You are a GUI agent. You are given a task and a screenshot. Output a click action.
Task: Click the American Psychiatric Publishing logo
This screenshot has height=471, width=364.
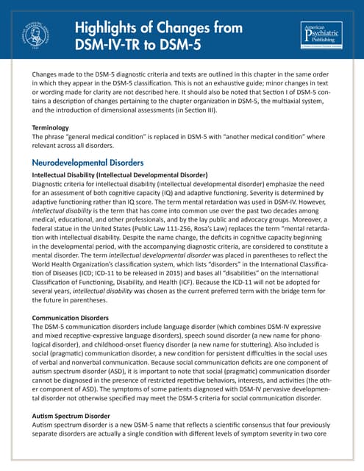coord(321,36)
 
